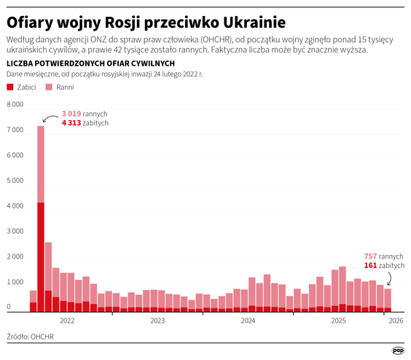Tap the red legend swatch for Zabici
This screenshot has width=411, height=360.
pyautogui.click(x=9, y=87)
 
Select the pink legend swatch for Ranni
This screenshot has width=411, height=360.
pyautogui.click(x=50, y=87)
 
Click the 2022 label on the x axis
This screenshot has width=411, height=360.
pyautogui.click(x=67, y=320)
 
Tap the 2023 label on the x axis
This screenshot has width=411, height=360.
pyautogui.click(x=157, y=320)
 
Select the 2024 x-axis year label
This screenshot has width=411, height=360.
pyautogui.click(x=248, y=320)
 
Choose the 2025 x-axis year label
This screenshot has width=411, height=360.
pyautogui.click(x=338, y=320)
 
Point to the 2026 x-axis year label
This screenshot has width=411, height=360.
pyautogui.click(x=396, y=320)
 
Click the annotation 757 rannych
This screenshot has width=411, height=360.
pyautogui.click(x=383, y=257)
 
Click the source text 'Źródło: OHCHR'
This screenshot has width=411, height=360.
pyautogui.click(x=30, y=337)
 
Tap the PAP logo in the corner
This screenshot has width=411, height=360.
pyautogui.click(x=398, y=350)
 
